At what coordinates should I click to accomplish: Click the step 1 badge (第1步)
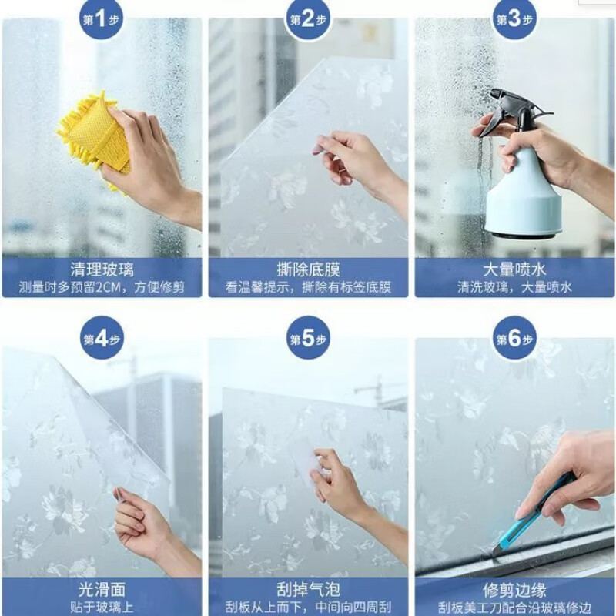point(102,19)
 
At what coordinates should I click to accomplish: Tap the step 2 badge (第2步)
point(309,19)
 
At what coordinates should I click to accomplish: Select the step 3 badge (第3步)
point(515,19)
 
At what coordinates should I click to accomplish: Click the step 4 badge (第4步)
point(102,339)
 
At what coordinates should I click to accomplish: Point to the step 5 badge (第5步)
point(309,339)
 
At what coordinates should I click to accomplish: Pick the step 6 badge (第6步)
point(515,339)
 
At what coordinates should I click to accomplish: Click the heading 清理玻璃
point(102,269)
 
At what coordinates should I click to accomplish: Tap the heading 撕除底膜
point(308,269)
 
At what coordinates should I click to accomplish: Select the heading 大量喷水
point(514,269)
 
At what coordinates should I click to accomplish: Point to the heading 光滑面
point(102,590)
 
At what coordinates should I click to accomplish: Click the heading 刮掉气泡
point(308,590)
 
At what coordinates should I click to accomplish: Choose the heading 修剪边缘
point(514,590)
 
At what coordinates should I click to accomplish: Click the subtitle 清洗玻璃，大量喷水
point(514,288)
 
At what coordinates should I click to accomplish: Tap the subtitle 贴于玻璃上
point(102,608)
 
